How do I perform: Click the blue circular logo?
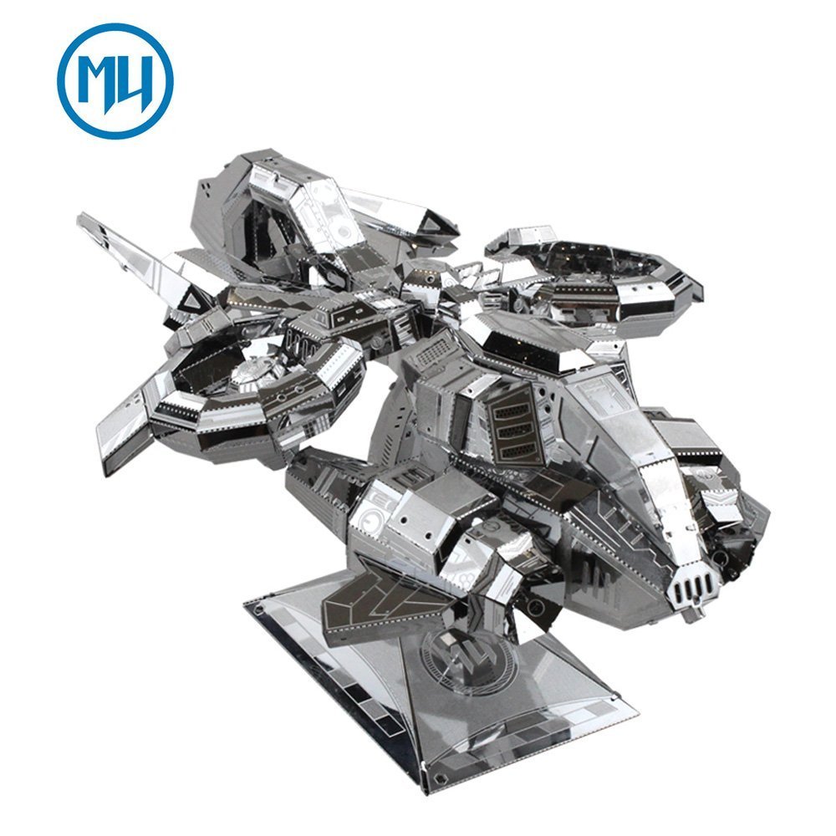115,81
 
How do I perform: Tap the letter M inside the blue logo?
97,80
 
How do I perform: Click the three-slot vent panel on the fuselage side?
515,430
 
